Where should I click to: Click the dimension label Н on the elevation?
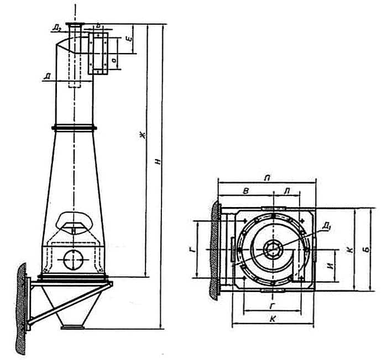(x=158, y=161)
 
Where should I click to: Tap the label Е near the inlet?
(x=128, y=40)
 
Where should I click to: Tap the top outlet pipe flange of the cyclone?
(x=75, y=24)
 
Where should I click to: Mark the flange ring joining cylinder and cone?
(x=74, y=129)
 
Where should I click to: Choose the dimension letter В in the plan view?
(x=247, y=190)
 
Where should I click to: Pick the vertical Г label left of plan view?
(x=191, y=250)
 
